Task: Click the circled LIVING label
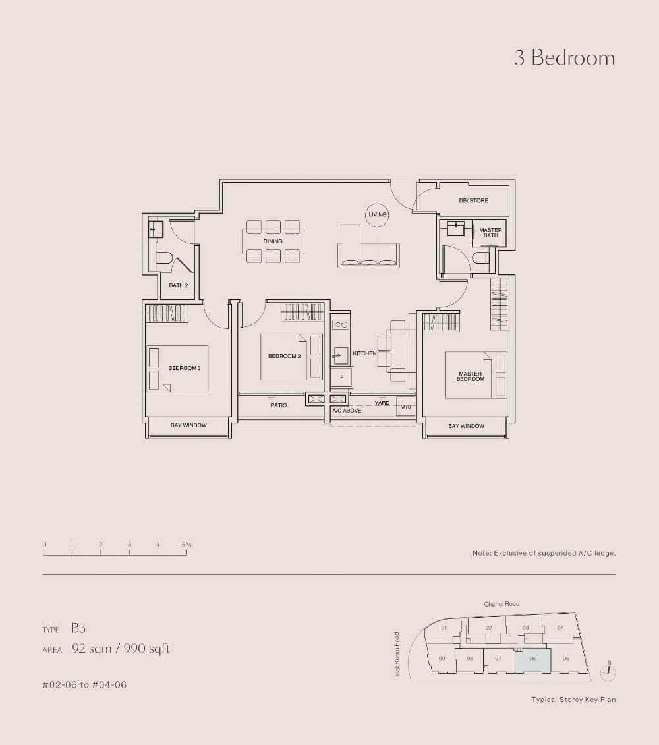[x=378, y=215]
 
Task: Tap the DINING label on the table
[x=273, y=242]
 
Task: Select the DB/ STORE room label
[x=473, y=200]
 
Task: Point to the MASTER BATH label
[x=490, y=233]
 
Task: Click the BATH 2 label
[x=179, y=285]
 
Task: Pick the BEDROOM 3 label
[x=184, y=368]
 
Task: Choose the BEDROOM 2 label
[x=284, y=357]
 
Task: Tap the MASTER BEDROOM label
[x=470, y=376]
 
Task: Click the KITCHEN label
[x=364, y=354]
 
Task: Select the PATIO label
[x=278, y=405]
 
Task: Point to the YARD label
[x=382, y=403]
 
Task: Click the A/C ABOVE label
[x=347, y=411]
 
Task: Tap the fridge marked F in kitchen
[x=341, y=377]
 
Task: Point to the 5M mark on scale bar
[x=186, y=545]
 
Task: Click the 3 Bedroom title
[x=564, y=58]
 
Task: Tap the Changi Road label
[x=501, y=604]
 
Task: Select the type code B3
[x=78, y=630]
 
